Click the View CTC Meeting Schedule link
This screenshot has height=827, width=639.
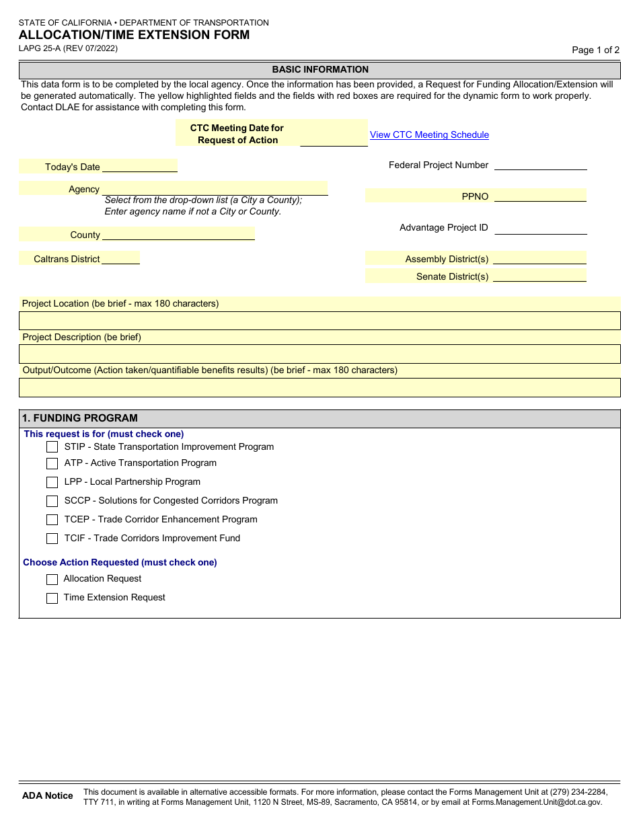(429, 134)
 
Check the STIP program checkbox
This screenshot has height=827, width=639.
(52, 447)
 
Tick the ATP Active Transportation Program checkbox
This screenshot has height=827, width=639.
(52, 463)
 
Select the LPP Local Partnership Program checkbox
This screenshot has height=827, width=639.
(52, 482)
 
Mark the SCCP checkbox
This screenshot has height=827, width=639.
(52, 501)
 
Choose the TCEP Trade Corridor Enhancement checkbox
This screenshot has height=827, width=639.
(52, 520)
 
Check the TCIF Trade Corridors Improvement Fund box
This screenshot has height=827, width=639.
(52, 539)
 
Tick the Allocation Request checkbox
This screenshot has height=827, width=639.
(52, 579)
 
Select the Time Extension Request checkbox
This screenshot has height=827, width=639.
(52, 598)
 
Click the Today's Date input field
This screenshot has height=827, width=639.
(139, 166)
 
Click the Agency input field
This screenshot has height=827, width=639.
(215, 188)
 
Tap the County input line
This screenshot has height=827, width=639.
(178, 234)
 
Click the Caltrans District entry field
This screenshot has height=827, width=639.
(121, 258)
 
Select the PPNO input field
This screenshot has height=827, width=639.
(540, 196)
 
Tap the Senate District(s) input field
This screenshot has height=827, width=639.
(539, 276)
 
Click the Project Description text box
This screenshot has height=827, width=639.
(319, 354)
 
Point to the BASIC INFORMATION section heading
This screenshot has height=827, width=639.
(320, 69)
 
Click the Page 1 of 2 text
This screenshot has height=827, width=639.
(595, 50)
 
